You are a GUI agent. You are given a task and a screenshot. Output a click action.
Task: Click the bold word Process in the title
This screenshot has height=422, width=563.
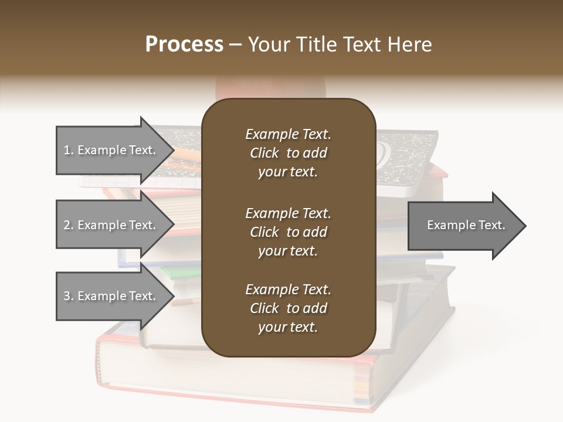(x=184, y=45)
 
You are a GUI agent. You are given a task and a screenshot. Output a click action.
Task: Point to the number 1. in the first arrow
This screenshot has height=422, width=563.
(x=69, y=150)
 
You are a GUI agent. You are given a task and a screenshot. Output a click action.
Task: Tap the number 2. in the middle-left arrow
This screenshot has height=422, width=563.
(x=69, y=225)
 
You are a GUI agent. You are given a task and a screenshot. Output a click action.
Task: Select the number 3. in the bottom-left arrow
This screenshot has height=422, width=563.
(x=69, y=296)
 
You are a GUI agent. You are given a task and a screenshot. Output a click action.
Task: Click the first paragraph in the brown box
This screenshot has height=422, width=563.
(x=288, y=153)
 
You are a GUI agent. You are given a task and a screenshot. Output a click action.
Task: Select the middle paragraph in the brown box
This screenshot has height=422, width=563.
(x=288, y=232)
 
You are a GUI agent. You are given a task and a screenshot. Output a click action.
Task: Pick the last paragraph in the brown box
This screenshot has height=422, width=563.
(x=288, y=308)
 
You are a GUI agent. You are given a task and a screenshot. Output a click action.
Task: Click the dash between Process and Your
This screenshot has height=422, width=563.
(x=235, y=45)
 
